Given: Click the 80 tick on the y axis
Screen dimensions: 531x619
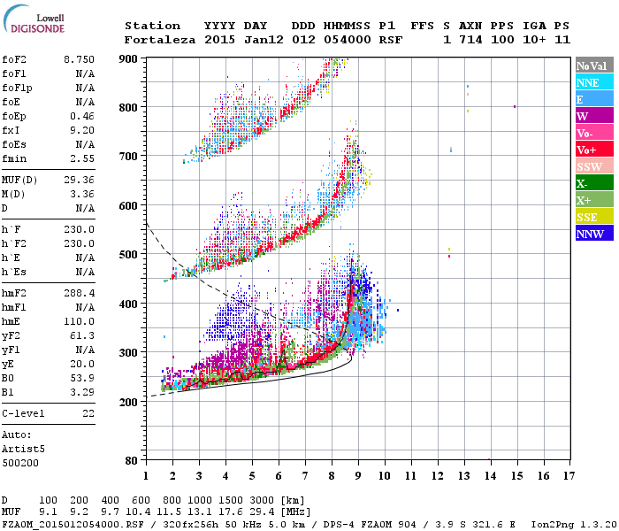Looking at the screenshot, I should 131,460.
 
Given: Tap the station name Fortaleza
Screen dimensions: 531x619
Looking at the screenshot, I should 161,40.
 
